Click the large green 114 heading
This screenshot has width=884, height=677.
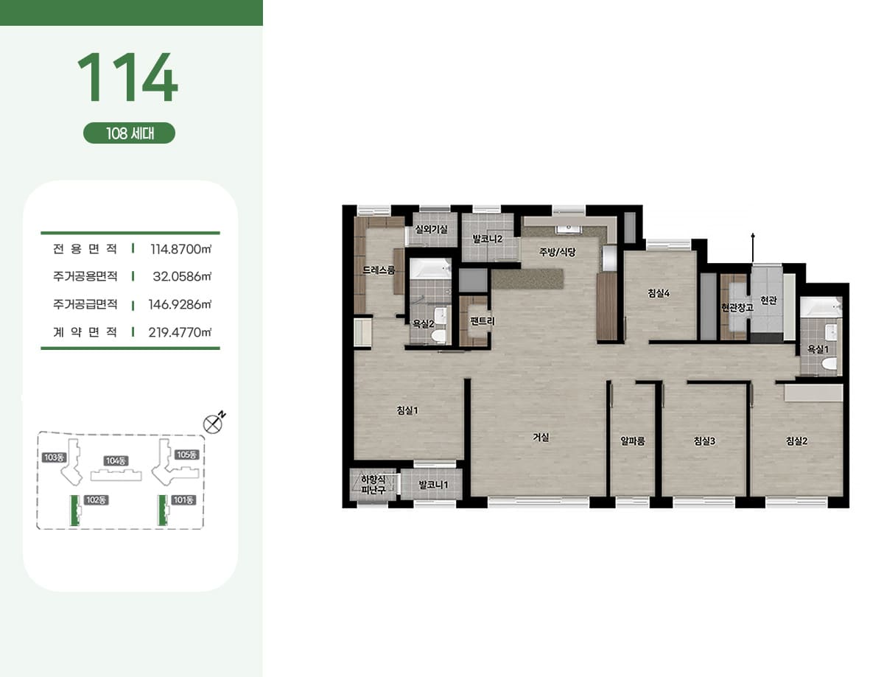coord(127,77)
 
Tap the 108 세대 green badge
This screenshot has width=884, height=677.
coord(129,133)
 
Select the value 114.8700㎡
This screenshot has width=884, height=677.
coord(180,249)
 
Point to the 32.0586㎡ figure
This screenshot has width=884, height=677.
coord(182,276)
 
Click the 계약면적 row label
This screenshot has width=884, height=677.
coord(85,332)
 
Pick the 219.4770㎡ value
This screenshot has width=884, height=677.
coord(180,332)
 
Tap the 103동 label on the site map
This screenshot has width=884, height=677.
coord(54,457)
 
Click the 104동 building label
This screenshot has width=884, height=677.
coord(116,460)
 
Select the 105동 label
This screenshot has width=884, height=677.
coord(186,455)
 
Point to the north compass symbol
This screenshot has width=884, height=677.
coord(213,424)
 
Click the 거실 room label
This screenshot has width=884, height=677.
coord(541,437)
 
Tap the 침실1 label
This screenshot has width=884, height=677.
coord(407,410)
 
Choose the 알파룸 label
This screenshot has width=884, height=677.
coord(633,441)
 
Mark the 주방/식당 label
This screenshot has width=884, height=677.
coord(558,252)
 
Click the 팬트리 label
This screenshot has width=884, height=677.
coord(483,321)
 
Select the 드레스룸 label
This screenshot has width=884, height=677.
coord(379,270)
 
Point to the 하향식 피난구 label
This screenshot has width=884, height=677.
coord(373,485)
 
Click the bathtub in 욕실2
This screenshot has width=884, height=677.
coord(430,268)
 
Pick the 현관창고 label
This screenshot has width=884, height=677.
coord(737,307)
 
